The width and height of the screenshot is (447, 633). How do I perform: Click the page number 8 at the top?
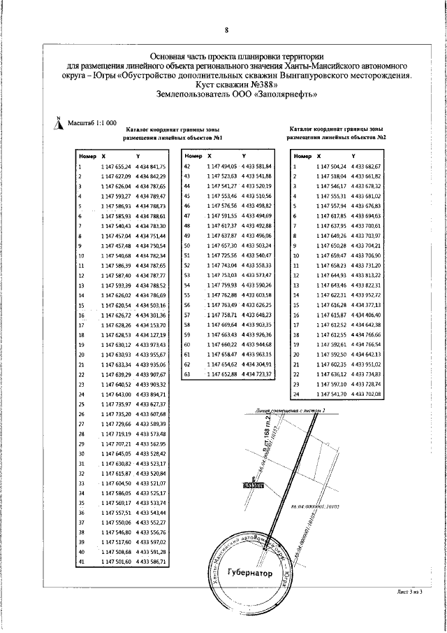click(226, 30)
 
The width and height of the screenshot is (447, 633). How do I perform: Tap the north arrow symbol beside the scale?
click(59, 123)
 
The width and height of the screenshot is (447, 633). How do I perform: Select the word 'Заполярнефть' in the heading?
click(286, 96)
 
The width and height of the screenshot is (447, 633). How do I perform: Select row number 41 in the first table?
click(81, 562)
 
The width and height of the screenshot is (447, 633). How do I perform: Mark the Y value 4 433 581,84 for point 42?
click(256, 166)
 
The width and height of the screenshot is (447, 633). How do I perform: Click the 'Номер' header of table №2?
click(302, 156)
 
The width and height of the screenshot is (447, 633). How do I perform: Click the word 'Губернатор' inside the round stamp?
click(248, 572)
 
